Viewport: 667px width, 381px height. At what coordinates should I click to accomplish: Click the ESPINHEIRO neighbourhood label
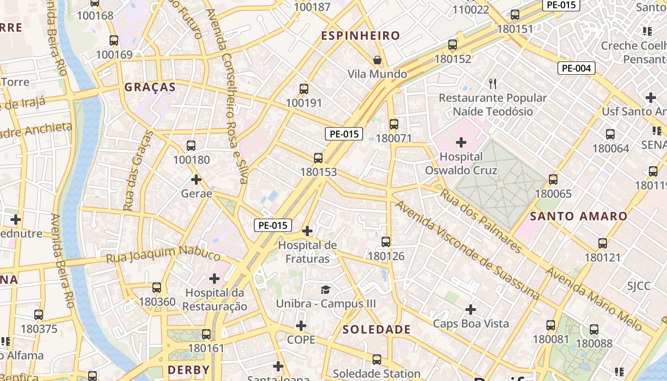(x=360, y=36)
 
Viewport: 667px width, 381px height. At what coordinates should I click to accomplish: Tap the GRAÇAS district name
(x=150, y=87)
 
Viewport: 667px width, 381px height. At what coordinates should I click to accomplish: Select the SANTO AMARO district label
(x=579, y=216)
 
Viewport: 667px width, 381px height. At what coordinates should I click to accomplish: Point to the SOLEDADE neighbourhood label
(x=376, y=330)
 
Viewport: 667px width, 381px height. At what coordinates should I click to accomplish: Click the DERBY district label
(x=189, y=370)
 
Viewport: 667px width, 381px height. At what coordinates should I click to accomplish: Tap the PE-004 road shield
(x=576, y=68)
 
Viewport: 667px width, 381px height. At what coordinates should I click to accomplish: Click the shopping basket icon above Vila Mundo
(x=377, y=60)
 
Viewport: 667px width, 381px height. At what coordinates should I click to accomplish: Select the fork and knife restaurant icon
(x=493, y=84)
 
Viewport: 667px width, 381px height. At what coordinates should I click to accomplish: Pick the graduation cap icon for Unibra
(x=325, y=290)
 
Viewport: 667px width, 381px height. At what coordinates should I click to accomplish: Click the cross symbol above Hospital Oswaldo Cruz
(x=461, y=142)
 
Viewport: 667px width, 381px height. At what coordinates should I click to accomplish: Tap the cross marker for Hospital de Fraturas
(x=307, y=231)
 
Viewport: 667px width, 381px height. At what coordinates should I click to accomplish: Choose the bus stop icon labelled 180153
(x=318, y=158)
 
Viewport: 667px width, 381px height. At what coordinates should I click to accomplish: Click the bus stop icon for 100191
(x=304, y=89)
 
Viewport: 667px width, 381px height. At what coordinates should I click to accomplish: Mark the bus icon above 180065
(x=553, y=180)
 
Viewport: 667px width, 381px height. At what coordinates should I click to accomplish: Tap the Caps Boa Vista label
(x=471, y=323)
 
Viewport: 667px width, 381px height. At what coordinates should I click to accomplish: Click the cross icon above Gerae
(x=196, y=180)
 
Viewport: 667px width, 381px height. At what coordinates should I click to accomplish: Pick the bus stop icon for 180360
(x=157, y=288)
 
